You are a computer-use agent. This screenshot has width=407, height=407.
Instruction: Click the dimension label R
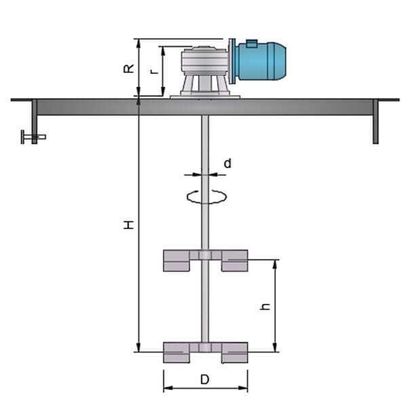pyautogui.click(x=128, y=69)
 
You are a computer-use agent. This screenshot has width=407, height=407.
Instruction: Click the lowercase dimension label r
pyautogui.click(x=155, y=70)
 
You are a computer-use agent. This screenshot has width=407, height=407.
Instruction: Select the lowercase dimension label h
pyautogui.click(x=265, y=306)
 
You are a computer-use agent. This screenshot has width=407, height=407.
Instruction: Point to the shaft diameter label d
pyautogui.click(x=227, y=163)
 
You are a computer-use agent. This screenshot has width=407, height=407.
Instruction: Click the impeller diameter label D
pyautogui.click(x=205, y=380)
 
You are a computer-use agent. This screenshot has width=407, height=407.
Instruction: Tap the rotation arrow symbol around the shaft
pyautogui.click(x=206, y=196)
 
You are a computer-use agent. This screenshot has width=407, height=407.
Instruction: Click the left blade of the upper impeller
pyautogui.click(x=180, y=260)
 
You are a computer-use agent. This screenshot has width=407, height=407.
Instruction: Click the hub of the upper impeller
pyautogui.click(x=206, y=255)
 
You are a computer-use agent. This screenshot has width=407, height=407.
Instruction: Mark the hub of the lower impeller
pyautogui.click(x=206, y=347)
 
